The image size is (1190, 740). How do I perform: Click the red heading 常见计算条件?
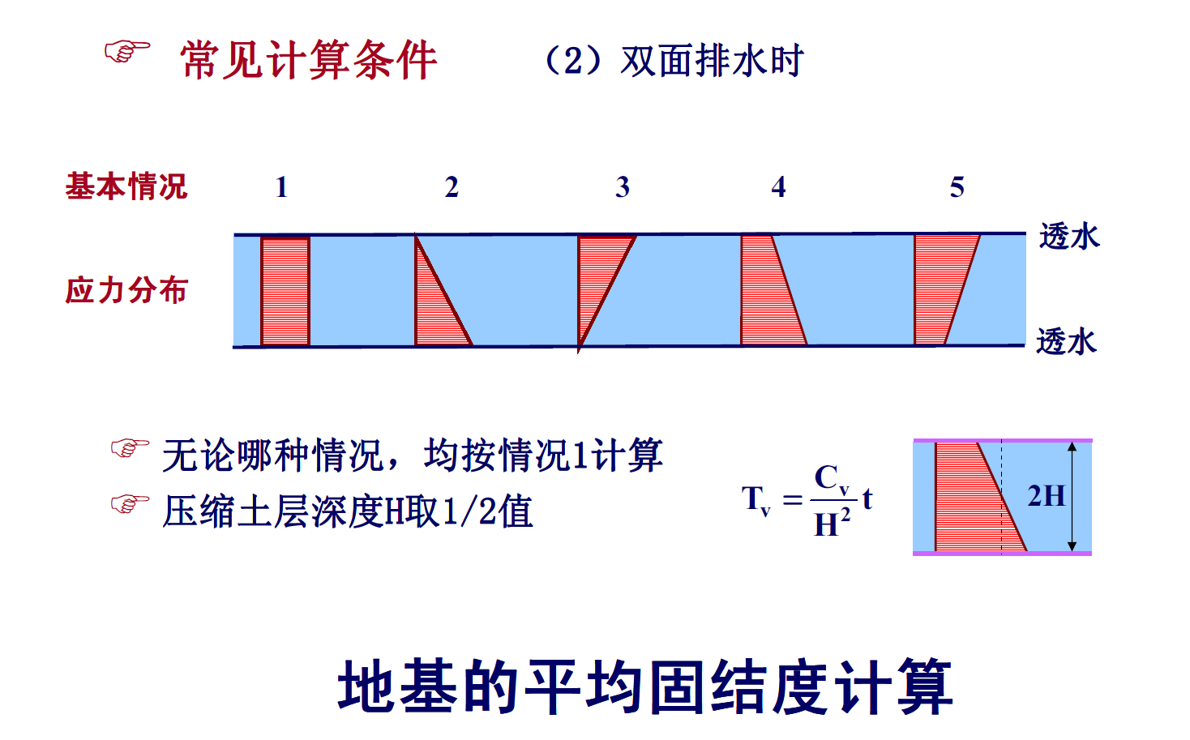coord(308,60)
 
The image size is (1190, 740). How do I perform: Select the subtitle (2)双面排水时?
coord(672,61)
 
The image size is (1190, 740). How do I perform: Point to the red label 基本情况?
coord(126,186)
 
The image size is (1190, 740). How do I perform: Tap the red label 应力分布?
coord(126,289)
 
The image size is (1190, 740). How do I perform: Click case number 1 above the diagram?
coord(281,187)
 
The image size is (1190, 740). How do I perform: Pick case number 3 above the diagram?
coord(622,187)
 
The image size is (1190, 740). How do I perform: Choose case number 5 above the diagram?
coord(957,187)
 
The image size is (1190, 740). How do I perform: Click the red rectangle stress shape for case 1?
coord(285,290)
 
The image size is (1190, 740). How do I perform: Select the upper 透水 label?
coord(1069,237)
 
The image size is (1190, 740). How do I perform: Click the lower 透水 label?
coord(1067,341)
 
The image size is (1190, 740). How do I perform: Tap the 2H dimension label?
coord(1046,495)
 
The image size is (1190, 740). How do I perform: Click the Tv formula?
coord(807,499)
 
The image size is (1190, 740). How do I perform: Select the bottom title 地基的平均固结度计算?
coord(644,687)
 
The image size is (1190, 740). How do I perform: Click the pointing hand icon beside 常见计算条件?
coord(127,52)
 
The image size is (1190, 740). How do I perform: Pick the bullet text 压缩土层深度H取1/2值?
coord(347,511)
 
